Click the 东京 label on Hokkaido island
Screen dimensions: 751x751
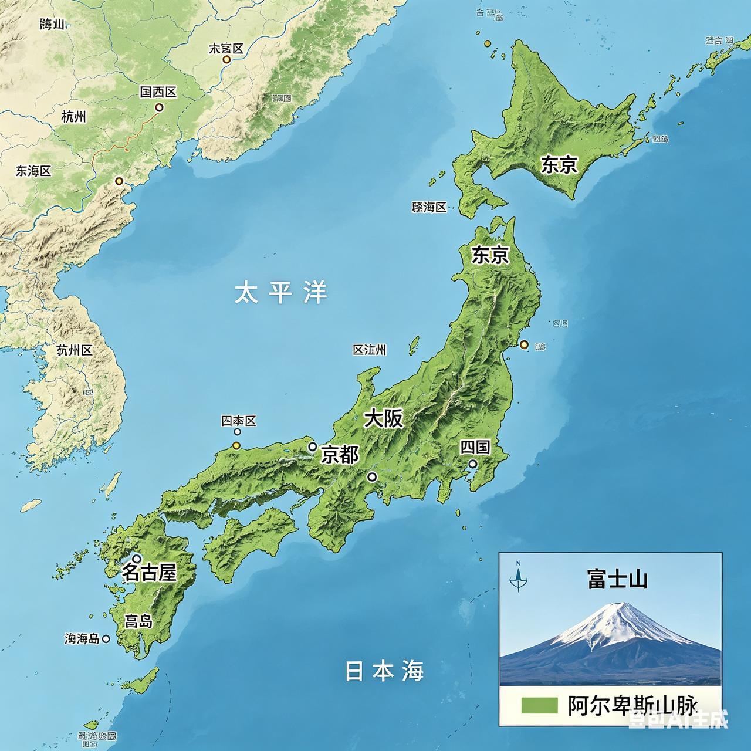(x=559, y=165)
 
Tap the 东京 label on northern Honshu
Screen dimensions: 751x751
(x=490, y=255)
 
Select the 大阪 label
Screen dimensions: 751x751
(x=384, y=418)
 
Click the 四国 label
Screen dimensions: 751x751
(x=475, y=447)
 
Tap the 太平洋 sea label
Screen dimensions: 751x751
(x=280, y=292)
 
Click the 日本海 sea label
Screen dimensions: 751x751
(x=384, y=671)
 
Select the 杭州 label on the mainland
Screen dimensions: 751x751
(x=73, y=117)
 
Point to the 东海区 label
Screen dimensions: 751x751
(x=33, y=171)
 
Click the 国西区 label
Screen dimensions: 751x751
(x=158, y=92)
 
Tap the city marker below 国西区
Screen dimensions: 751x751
(x=158, y=107)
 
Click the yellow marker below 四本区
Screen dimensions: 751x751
(x=236, y=446)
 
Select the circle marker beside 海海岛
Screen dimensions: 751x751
(x=106, y=639)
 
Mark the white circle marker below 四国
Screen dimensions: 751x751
(x=472, y=464)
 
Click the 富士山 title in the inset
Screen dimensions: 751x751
(x=617, y=580)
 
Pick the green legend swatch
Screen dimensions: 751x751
(x=539, y=705)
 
